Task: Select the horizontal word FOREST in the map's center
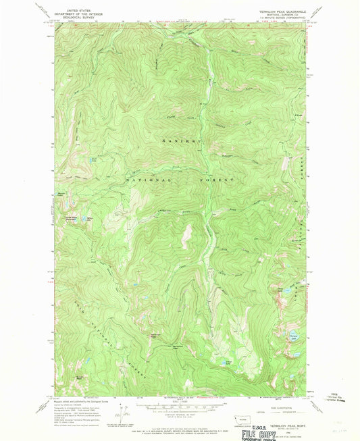(220, 181)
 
